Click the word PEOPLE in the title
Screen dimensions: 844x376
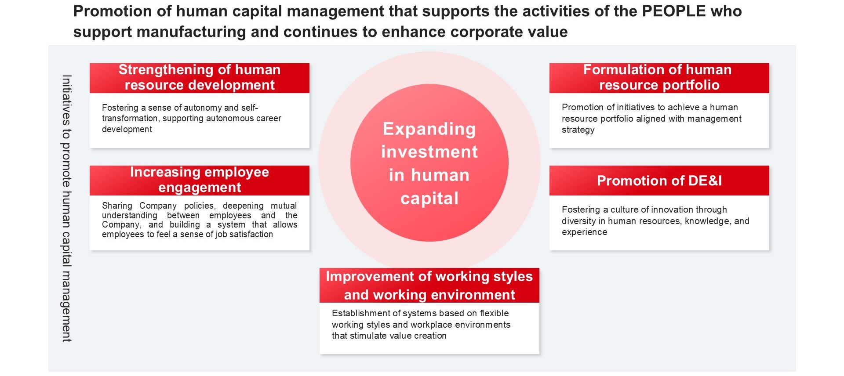[673, 11]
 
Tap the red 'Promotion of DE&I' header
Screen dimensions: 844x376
[659, 181]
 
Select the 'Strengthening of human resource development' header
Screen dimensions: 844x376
[200, 78]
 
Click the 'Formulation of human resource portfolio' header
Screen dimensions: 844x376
[659, 78]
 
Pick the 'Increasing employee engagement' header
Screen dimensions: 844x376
[200, 180]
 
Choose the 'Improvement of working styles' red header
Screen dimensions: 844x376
[429, 285]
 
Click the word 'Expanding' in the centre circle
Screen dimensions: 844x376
[429, 129]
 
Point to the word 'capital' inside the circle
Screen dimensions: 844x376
[429, 199]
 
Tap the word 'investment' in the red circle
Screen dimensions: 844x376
[429, 152]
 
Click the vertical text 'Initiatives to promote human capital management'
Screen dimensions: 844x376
[66, 208]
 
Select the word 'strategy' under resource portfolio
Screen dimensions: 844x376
[578, 130]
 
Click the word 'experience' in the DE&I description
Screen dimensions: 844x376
[584, 232]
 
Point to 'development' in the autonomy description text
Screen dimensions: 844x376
[127, 130]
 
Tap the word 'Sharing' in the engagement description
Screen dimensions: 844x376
[117, 206]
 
